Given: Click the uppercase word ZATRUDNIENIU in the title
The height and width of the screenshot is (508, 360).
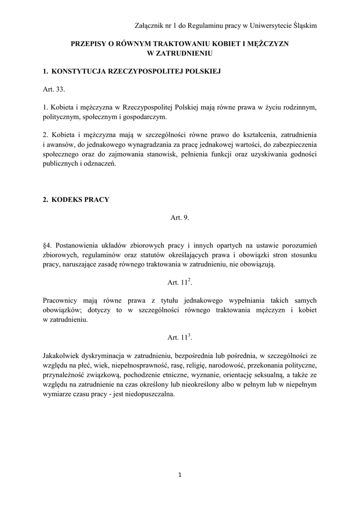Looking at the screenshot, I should point(180,52).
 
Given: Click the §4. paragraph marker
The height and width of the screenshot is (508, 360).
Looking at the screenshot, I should point(48,246).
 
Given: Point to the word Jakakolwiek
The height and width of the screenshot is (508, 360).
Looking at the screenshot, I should point(63,356).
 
